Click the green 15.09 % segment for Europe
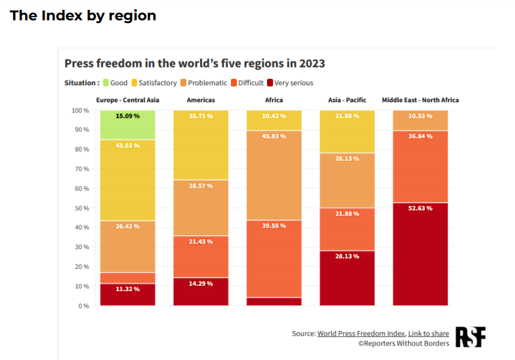coord(127,125)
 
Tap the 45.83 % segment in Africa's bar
coord(274,175)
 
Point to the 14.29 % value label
coord(201,284)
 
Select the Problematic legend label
coord(207,83)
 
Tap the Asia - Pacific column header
coord(347,100)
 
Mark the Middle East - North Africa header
coord(420,100)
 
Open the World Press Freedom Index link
coord(360,334)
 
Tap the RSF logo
coord(470,337)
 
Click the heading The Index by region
coord(83,16)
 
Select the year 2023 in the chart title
coord(312,64)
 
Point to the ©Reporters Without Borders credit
coord(403,344)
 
